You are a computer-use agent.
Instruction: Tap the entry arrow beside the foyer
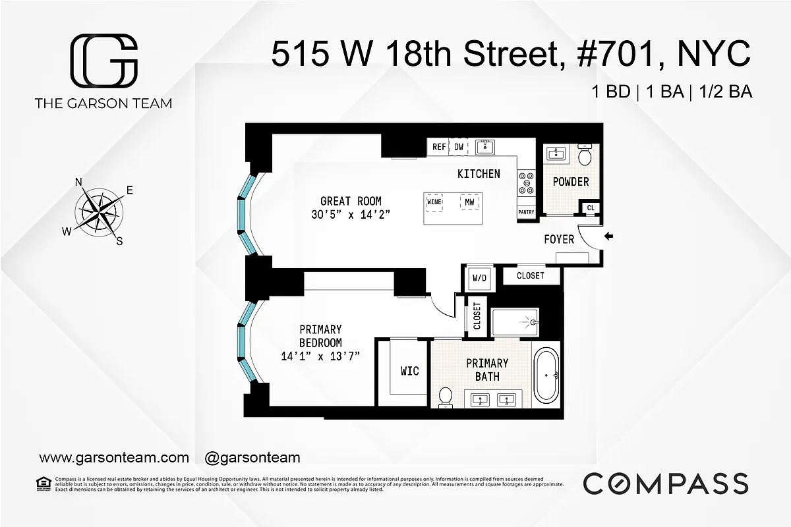coord(608,235)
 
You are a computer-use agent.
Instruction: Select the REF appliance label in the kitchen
coord(439,148)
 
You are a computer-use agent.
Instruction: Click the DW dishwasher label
coord(459,148)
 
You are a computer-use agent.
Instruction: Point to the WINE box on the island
coord(434,202)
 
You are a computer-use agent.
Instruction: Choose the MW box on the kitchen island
coord(469,202)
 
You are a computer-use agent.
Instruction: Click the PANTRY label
coord(526,212)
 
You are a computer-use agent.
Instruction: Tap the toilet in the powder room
coord(584,155)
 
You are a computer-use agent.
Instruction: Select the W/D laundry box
coord(479,278)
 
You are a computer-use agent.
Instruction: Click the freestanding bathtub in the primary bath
coord(546,375)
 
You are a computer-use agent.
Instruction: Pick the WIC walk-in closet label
coord(409,371)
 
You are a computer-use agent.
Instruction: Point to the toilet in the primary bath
coord(446,397)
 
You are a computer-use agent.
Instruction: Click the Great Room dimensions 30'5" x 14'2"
coord(351,214)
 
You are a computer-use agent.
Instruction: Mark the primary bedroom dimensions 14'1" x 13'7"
coord(320,356)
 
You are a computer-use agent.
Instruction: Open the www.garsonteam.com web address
coord(114,457)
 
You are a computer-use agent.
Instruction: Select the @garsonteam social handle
coord(252,457)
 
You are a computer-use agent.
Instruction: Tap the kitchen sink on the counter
coord(485,146)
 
